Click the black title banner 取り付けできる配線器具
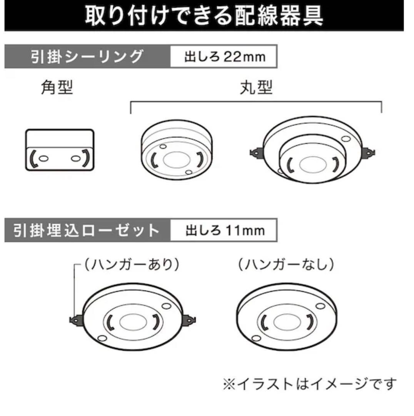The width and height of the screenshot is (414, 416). pos(204,15)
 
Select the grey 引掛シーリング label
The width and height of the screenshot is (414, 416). pos(87,57)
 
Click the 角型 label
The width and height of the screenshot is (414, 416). pos(57,89)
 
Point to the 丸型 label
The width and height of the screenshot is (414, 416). pos(256,89)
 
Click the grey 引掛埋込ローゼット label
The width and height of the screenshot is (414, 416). pos(87,230)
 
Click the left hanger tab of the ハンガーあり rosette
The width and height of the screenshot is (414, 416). pos(75,319)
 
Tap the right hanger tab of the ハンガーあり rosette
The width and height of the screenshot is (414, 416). pos(189,319)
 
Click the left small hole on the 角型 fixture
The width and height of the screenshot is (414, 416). pos(43,158)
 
